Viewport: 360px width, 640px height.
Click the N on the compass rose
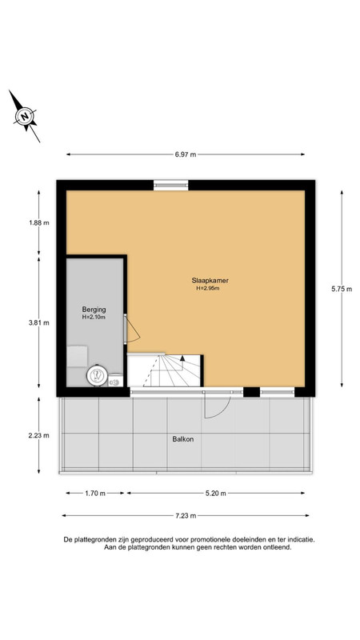point(26,116)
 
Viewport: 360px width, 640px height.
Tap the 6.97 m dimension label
point(186,154)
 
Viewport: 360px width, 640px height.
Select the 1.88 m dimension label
point(39,223)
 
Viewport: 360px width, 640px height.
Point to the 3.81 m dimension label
point(39,322)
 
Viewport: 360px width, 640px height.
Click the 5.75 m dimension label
point(342,289)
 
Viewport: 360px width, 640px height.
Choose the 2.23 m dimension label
point(39,435)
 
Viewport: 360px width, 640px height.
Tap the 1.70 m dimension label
point(95,493)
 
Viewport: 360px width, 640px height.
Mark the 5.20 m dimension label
point(216,493)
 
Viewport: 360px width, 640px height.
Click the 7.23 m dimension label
point(186,515)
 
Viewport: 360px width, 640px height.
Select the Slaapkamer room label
point(210,281)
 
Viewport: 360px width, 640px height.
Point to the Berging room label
point(94,310)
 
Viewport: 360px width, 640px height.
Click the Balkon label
point(182,439)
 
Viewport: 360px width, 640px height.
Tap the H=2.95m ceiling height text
point(208,288)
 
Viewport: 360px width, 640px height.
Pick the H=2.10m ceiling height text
point(94,317)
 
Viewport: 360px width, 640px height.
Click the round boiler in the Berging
point(97,374)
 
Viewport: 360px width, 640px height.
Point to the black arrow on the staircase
point(182,358)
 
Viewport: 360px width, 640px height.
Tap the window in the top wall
point(171,186)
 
